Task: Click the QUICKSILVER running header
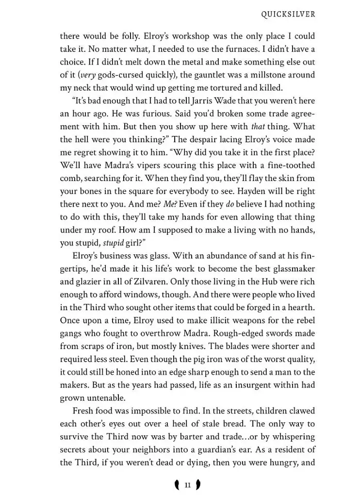(x=288, y=14)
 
